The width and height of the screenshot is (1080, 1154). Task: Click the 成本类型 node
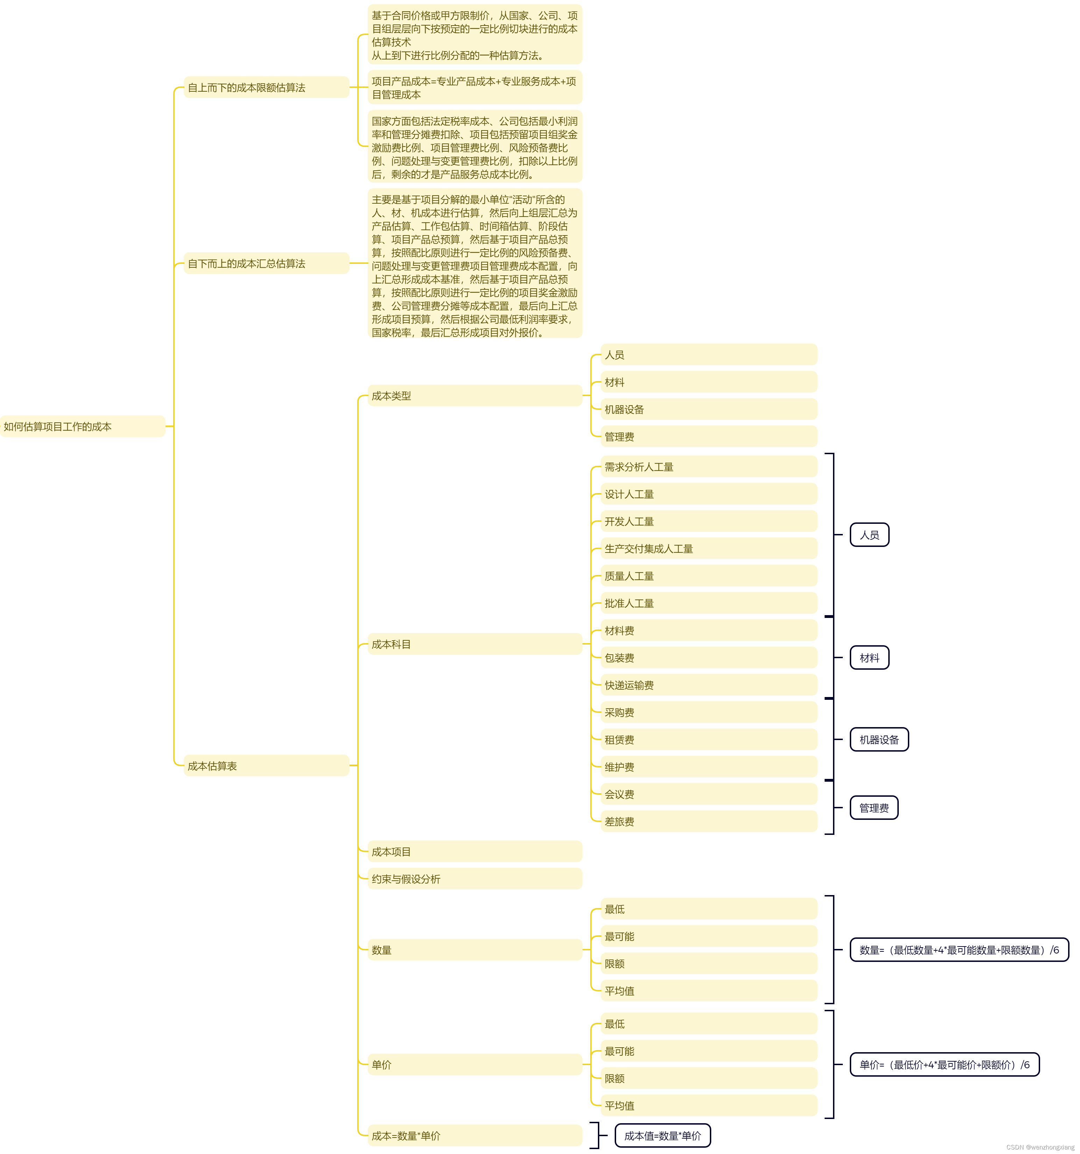(474, 396)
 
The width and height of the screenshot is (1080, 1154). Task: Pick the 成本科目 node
(474, 644)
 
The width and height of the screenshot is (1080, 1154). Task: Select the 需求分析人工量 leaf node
(708, 467)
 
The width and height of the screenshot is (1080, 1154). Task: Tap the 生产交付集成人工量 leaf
(708, 549)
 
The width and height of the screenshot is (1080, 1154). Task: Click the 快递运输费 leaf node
(708, 685)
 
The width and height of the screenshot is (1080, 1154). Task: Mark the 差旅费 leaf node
(708, 821)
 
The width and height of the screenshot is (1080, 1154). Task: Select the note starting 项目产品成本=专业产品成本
(474, 88)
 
